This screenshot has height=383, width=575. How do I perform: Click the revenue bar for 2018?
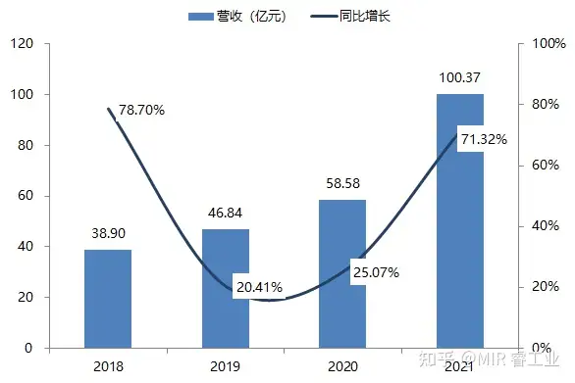pos(108,299)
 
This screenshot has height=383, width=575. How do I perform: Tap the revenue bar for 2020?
pos(342,274)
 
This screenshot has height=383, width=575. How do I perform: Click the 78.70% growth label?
pos(141,110)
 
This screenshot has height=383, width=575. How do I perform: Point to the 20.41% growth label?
pos(259,287)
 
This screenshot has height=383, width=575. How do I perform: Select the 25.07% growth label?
pos(376,271)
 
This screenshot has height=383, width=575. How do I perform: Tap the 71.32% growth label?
pos(484,139)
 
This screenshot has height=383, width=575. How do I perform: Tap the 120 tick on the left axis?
pos(24,44)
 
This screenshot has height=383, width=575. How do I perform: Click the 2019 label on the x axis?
pos(226,366)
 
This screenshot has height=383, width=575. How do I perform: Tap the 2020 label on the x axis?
pos(342,366)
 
